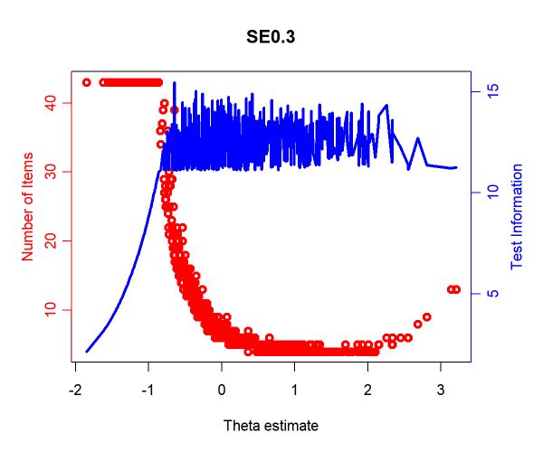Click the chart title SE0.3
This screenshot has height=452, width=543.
pos(271,36)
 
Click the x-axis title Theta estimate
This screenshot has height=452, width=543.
pos(271,426)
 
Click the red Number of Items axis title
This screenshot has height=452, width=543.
pos(27,206)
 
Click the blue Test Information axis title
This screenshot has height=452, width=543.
pos(517,216)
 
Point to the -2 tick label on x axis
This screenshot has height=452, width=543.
pos(75,391)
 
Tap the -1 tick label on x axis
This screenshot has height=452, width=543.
pos(148,391)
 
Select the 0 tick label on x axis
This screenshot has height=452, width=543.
pos(222,391)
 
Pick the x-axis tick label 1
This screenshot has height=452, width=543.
pos(295,391)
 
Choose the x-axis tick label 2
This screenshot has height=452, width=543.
pos(367,391)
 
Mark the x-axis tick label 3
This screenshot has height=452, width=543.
pos(441,391)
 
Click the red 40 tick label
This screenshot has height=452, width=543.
pos(51,103)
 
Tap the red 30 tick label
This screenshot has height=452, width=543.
pos(51,172)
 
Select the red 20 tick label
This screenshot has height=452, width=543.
pos(51,240)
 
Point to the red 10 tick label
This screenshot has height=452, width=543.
pos(51,309)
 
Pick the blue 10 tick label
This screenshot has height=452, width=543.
pos(493,193)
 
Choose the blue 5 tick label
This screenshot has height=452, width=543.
pos(493,294)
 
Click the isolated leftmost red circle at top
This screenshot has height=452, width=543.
pos(87,82)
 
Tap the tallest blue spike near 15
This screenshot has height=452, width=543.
pos(174,83)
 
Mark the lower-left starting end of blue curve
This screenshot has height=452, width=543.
pos(87,352)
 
